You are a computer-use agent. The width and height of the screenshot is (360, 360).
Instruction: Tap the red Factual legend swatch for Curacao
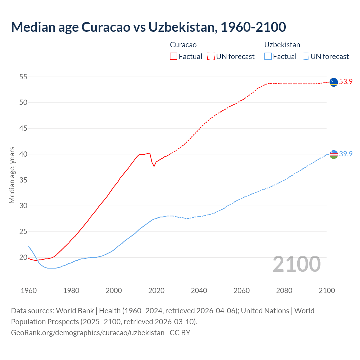pyautogui.click(x=174, y=56)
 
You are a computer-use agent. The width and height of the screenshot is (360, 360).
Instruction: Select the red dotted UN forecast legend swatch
pyautogui.click(x=211, y=56)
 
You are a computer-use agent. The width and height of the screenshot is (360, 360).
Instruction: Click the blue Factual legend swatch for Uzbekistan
pyautogui.click(x=268, y=56)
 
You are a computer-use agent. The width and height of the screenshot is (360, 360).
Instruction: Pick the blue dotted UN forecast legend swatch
pyautogui.click(x=305, y=56)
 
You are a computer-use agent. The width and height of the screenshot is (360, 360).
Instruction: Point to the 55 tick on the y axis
pyautogui.click(x=23, y=77)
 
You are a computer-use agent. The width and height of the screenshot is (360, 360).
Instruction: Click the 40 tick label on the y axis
pyautogui.click(x=23, y=154)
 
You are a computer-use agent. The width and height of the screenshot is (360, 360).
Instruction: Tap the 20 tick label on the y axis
pyautogui.click(x=23, y=257)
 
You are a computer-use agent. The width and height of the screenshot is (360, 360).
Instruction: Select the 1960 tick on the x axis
pyautogui.click(x=29, y=290)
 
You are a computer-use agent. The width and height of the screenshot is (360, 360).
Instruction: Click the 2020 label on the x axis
pyautogui.click(x=156, y=290)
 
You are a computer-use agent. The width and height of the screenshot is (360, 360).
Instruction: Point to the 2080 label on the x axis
pyautogui.click(x=284, y=290)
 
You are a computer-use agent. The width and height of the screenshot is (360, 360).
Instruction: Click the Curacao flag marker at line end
pyautogui.click(x=334, y=82)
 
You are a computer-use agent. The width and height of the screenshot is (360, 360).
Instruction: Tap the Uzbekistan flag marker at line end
pyautogui.click(x=334, y=154)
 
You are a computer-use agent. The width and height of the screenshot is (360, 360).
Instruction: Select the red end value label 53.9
pyautogui.click(x=346, y=82)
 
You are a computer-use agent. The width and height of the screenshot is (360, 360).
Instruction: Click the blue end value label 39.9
pyautogui.click(x=346, y=154)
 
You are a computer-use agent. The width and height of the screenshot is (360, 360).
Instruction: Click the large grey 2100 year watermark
pyautogui.click(x=297, y=264)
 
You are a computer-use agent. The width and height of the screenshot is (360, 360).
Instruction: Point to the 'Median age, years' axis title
pyautogui.click(x=12, y=175)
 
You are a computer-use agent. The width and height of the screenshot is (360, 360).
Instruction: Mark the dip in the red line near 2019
pyautogui.click(x=154, y=166)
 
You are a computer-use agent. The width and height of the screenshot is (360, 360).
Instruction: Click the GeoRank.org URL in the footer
pyautogui.click(x=88, y=333)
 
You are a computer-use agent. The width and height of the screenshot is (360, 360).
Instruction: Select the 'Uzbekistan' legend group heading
pyautogui.click(x=282, y=45)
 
